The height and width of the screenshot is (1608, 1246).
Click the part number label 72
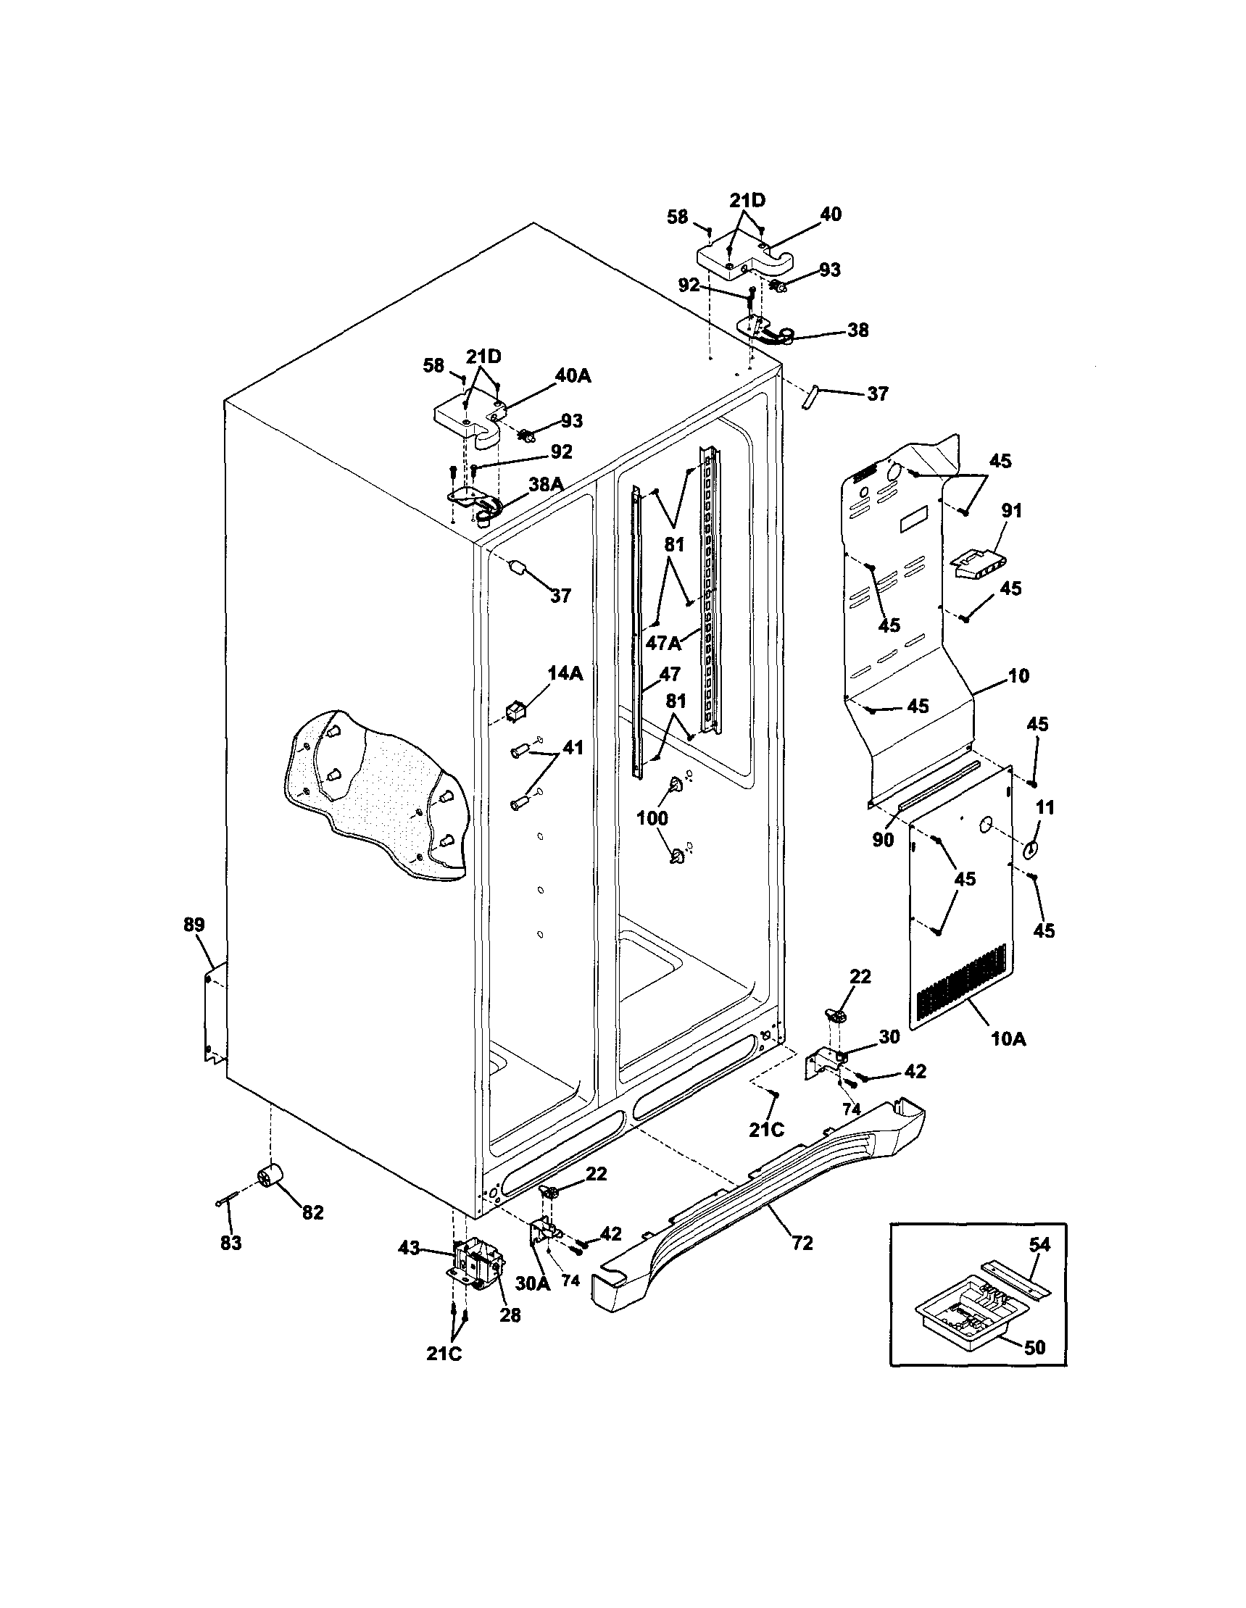coord(802,1243)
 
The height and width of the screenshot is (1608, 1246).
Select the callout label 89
coord(194,925)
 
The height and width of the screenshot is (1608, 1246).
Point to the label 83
coord(230,1243)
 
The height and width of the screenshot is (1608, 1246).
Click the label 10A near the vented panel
coord(1008,1039)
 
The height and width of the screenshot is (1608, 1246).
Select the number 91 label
coord(1012,509)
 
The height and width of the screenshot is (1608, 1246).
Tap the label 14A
coord(565,673)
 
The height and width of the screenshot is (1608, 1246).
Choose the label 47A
coord(663,643)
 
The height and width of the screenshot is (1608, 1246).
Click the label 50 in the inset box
coord(1034,1346)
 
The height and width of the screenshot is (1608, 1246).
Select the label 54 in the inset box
coord(1039,1244)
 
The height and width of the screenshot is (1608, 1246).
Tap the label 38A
coord(546,483)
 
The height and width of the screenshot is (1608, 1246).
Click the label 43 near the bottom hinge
coord(410,1248)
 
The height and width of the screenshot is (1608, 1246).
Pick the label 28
coord(510,1315)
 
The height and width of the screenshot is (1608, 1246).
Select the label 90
coord(883,839)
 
